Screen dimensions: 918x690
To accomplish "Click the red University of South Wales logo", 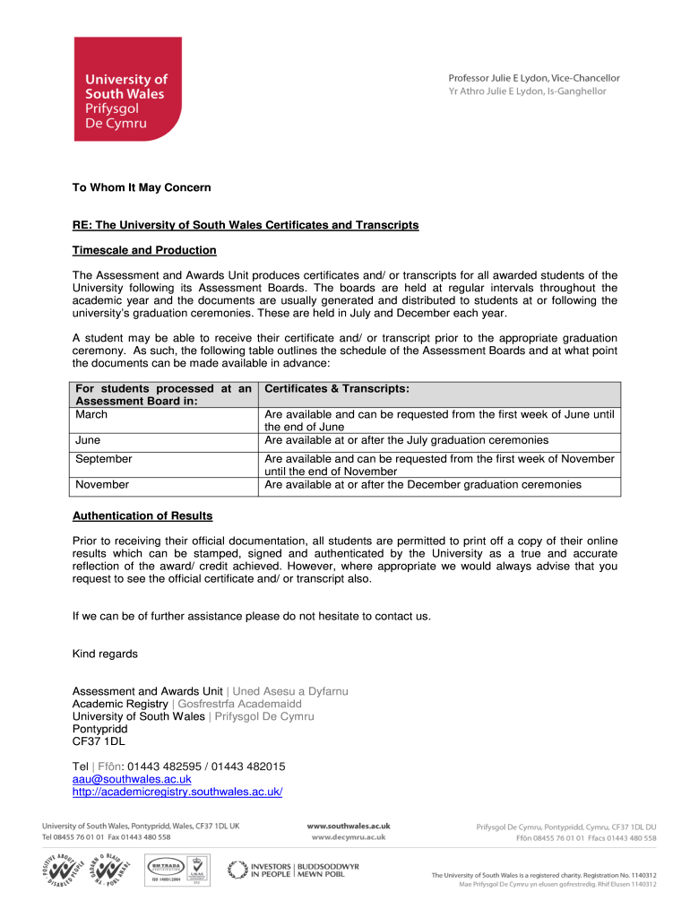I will [x=127, y=89].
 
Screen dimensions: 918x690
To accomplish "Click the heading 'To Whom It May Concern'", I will [x=141, y=187].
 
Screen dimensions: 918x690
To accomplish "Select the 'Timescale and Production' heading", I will [x=144, y=250].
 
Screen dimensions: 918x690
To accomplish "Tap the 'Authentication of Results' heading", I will [x=142, y=515].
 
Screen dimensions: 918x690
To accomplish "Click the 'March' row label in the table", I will [x=91, y=415].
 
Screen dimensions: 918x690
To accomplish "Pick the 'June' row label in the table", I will [x=88, y=440].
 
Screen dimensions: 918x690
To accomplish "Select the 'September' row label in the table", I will [x=104, y=459].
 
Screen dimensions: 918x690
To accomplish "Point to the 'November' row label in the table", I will [x=101, y=485].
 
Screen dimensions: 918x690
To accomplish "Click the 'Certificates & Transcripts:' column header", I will [x=337, y=389].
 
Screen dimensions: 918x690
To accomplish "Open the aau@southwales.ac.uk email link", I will [x=132, y=779].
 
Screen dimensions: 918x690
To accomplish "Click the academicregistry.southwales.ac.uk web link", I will [x=177, y=792].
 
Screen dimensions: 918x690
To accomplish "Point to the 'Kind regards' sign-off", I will [x=105, y=654].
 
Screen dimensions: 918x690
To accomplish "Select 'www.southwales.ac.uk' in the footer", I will [x=348, y=826].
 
